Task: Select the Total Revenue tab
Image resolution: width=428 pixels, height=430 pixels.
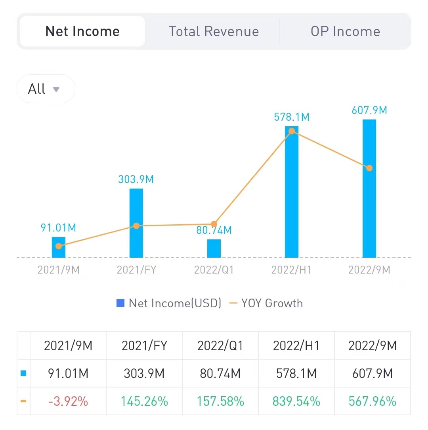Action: (214, 31)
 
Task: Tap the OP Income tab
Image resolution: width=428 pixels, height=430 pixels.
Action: (345, 31)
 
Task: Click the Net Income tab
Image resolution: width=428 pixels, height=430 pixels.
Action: (82, 31)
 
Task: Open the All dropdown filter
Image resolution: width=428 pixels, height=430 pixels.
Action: (46, 89)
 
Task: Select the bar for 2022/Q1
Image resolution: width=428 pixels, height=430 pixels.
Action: (214, 249)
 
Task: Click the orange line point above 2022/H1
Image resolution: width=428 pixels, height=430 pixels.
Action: (292, 131)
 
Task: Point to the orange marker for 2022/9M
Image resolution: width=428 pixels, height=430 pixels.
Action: (369, 168)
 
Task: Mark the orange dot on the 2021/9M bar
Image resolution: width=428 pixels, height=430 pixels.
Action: (59, 246)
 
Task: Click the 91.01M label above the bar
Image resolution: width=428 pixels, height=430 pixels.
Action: (59, 228)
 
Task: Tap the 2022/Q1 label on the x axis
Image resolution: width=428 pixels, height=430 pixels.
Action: (214, 270)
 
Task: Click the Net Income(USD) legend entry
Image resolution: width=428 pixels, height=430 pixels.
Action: (169, 303)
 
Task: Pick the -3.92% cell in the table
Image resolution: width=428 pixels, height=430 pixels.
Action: (68, 401)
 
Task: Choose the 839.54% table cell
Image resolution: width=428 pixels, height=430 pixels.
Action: (296, 401)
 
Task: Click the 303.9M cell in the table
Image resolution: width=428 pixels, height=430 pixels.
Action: (144, 374)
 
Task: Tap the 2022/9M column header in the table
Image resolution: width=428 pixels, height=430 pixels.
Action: (373, 346)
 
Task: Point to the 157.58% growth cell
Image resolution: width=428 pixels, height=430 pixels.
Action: (221, 401)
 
